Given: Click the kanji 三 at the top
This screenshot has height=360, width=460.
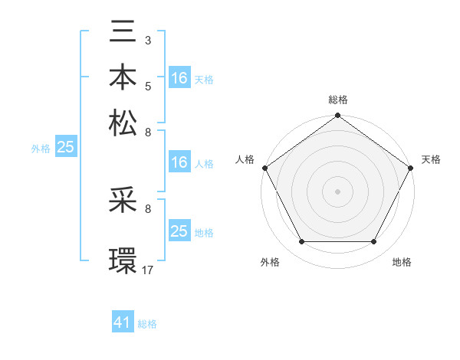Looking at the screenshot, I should [x=124, y=33].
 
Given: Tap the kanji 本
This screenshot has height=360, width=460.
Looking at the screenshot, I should [x=124, y=77].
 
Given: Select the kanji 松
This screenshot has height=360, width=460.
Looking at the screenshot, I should [x=124, y=123].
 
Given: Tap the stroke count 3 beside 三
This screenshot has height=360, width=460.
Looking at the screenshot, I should [x=148, y=38].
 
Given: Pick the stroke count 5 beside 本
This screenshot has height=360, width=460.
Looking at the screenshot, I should [x=148, y=85].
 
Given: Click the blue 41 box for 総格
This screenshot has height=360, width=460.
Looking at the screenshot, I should [x=123, y=322].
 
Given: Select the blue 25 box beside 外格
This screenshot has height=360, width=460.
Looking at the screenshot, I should [x=65, y=147].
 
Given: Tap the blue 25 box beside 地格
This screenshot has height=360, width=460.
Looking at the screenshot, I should [x=179, y=231].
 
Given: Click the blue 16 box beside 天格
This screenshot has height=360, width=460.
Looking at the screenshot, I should [x=179, y=77].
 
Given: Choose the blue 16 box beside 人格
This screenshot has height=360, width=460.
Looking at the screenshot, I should [x=179, y=162].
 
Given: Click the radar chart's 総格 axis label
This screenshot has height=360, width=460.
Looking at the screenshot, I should [x=338, y=100].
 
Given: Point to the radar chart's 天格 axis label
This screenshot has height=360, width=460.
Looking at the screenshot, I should [x=431, y=159].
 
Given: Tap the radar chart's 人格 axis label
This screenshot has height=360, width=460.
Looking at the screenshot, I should [x=245, y=159].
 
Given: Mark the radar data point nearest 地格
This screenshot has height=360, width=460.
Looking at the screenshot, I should [x=374, y=242].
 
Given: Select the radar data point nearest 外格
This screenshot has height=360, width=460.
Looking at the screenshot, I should [x=301, y=242].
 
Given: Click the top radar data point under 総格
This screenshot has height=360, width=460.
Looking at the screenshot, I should [x=338, y=116].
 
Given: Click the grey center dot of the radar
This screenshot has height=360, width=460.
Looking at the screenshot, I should [x=338, y=191].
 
